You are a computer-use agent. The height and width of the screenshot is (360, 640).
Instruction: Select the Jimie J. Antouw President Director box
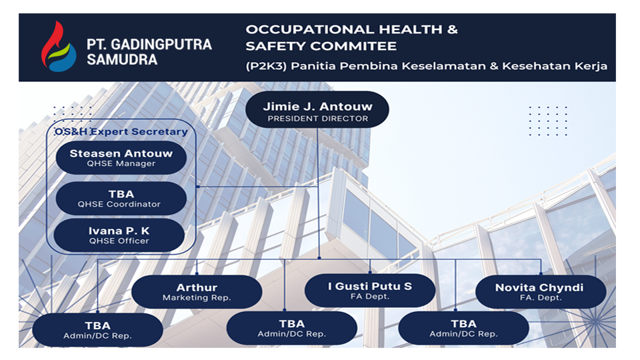(x=317, y=110)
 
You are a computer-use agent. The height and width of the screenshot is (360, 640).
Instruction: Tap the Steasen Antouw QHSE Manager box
(x=121, y=158)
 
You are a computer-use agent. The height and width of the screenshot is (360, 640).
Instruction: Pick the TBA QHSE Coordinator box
(x=121, y=199)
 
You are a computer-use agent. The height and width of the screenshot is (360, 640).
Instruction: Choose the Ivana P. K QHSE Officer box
(x=119, y=235)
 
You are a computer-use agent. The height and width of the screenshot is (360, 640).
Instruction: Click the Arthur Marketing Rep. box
(x=197, y=291)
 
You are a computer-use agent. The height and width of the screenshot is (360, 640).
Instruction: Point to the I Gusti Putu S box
(x=370, y=290)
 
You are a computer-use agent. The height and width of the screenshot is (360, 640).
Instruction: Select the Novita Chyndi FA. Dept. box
(x=541, y=291)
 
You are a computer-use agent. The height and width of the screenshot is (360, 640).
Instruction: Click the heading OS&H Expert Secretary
(x=121, y=131)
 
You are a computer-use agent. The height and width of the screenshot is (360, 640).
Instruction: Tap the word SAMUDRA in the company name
(x=122, y=59)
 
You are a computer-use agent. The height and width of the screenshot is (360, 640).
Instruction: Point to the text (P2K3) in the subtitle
(x=266, y=66)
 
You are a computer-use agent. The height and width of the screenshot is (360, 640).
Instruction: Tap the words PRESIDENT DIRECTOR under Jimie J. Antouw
(x=317, y=119)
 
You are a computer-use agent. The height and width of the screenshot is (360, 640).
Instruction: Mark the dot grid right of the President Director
(x=548, y=121)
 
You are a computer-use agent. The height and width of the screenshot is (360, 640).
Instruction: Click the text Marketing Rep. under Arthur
(x=197, y=298)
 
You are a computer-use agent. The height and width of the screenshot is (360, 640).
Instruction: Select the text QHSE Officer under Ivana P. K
(x=119, y=241)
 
